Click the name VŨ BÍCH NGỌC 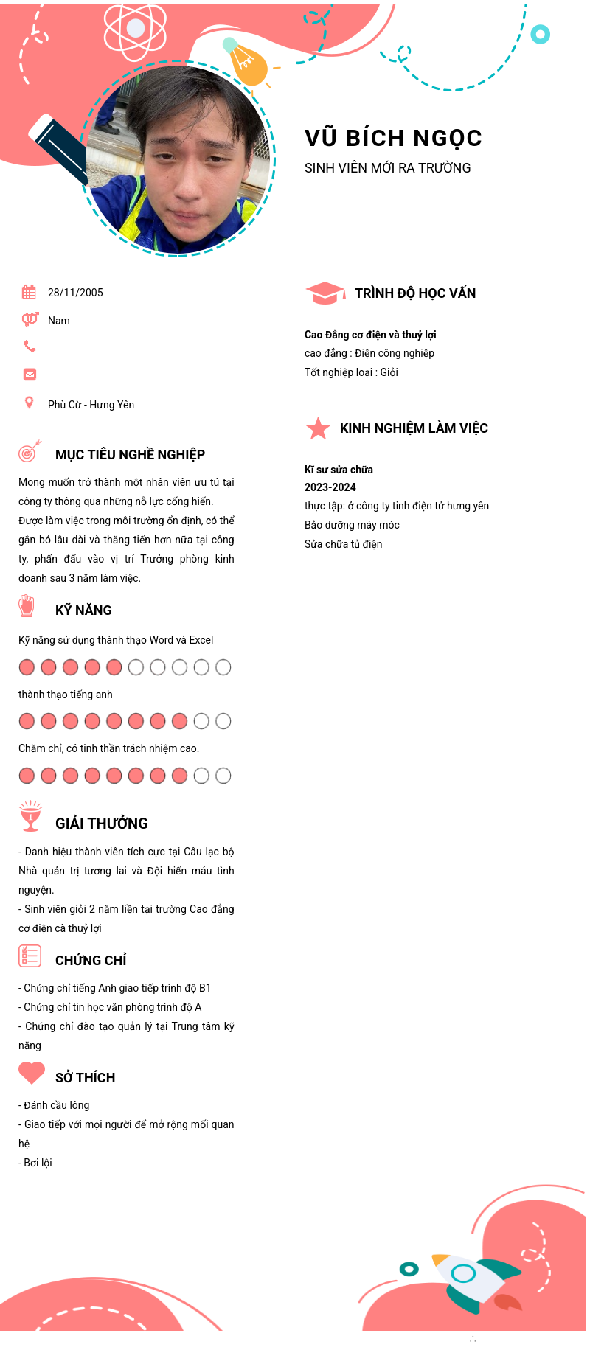click(x=393, y=138)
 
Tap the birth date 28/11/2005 click(x=75, y=293)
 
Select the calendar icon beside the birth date click(x=29, y=292)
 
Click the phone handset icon click(x=29, y=346)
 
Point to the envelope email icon click(x=29, y=375)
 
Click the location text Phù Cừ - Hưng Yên click(x=91, y=405)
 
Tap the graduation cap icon click(x=325, y=293)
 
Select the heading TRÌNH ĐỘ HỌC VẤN click(x=415, y=293)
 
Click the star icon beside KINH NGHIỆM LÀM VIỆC click(x=318, y=428)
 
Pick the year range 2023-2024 click(x=330, y=487)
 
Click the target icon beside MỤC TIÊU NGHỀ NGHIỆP click(x=29, y=451)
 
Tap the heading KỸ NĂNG click(x=83, y=610)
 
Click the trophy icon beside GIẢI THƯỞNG click(x=30, y=815)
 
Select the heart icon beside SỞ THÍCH click(x=32, y=1073)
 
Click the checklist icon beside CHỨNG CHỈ click(x=29, y=956)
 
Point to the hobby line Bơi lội click(x=38, y=1163)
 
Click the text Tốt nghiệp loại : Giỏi click(x=351, y=372)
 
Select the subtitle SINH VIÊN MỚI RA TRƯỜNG click(x=387, y=168)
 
